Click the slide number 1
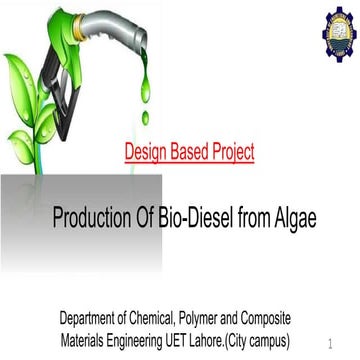(329, 341)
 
